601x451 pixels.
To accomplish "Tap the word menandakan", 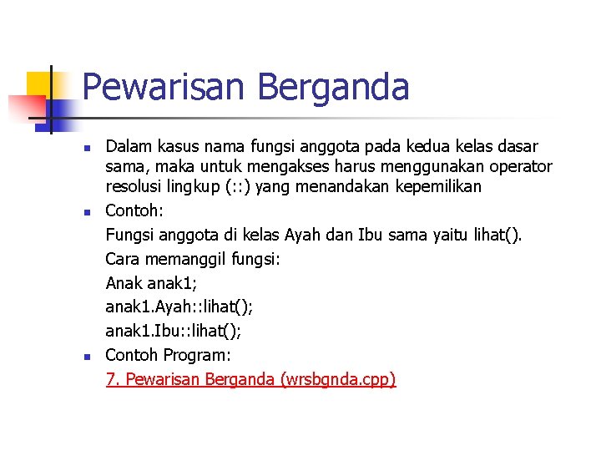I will (x=343, y=186).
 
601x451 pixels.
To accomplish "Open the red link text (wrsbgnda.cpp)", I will (x=339, y=380).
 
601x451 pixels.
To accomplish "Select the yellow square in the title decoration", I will (x=39, y=84).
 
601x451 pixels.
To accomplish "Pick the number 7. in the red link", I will (x=113, y=380).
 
